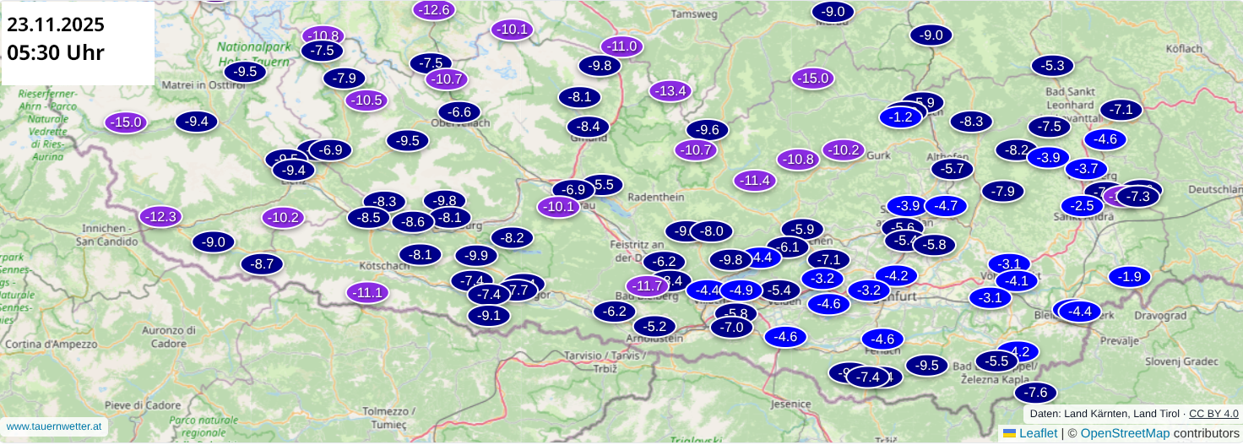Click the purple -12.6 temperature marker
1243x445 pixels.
(x=434, y=10)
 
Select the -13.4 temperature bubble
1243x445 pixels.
(x=670, y=90)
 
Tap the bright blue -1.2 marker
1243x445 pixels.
(x=900, y=117)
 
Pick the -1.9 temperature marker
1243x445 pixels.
(x=1130, y=276)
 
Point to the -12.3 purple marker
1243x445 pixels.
(x=160, y=217)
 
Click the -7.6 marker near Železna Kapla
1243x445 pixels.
(x=1035, y=393)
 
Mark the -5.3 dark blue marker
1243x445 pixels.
(x=1052, y=65)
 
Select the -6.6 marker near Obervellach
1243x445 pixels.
(x=459, y=111)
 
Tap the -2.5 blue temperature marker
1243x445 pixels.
(x=1082, y=205)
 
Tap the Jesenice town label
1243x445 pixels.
(x=791, y=404)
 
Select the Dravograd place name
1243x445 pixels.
(x=1160, y=315)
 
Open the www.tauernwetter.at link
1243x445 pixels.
(x=54, y=426)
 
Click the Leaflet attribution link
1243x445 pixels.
(x=1038, y=433)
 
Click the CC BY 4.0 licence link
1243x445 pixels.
(x=1213, y=414)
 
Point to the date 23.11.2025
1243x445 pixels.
(x=56, y=24)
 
